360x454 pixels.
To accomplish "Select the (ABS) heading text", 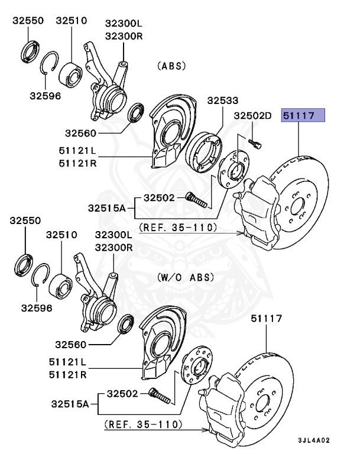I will (171, 66).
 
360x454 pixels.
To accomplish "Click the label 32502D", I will (251, 116).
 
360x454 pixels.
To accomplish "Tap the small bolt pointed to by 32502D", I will (254, 142).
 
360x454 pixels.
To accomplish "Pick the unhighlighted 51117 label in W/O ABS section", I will (265, 319).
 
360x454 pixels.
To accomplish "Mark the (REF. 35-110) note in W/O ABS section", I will (143, 424).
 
